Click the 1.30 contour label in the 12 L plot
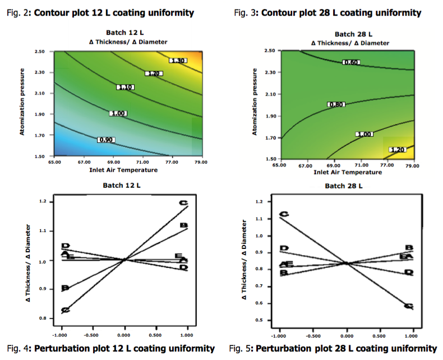click(x=178, y=61)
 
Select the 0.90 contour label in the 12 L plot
click(x=105, y=140)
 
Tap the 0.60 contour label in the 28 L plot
click(x=350, y=62)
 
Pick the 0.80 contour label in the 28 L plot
click(x=335, y=104)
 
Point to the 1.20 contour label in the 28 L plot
click(x=396, y=150)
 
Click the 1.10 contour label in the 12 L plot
click(x=125, y=87)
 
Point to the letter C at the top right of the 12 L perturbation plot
click(x=183, y=203)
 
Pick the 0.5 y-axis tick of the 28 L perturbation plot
click(x=259, y=320)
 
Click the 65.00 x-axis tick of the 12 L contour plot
click(x=54, y=162)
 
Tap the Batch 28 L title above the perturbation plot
click(x=347, y=185)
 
